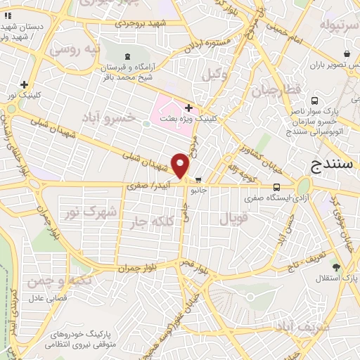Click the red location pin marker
pyautogui.click(x=181, y=167)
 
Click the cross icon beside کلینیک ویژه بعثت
pyautogui.click(x=188, y=108)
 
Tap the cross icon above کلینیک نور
pyautogui.click(x=25, y=84)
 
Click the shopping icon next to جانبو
pyautogui.click(x=200, y=179)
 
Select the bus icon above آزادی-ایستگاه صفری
pyautogui.click(x=276, y=187)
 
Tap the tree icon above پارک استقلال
pyautogui.click(x=336, y=267)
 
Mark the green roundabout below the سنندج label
pyautogui.click(x=304, y=186)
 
